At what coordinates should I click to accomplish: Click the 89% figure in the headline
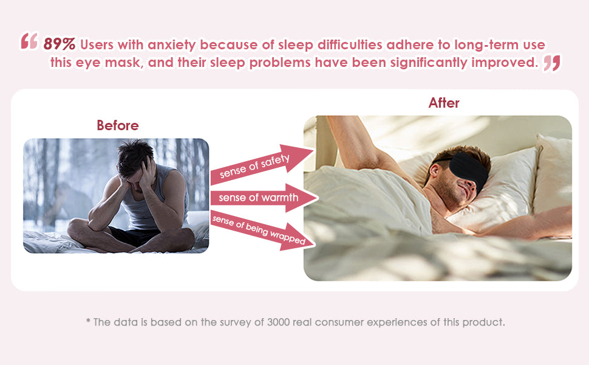click(60, 44)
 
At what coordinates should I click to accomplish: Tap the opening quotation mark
click(29, 41)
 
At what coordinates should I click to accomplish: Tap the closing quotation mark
click(552, 63)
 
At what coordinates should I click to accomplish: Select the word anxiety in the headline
click(172, 45)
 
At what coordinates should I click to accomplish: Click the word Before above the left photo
click(118, 125)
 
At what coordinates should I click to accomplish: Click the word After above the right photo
click(444, 103)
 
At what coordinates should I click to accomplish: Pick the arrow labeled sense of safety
click(262, 164)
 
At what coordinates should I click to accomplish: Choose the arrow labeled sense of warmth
click(265, 198)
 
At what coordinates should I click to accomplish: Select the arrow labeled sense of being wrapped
click(262, 231)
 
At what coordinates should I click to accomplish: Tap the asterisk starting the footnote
click(88, 321)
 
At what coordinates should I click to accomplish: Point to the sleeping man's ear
click(435, 170)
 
